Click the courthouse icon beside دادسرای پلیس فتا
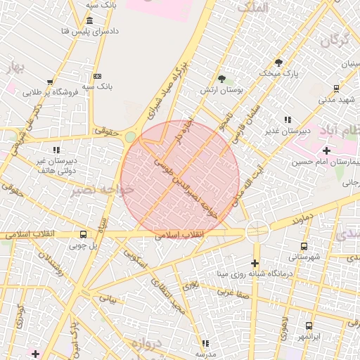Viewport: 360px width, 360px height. tap(90, 20)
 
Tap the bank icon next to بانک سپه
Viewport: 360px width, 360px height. tap(97, 76)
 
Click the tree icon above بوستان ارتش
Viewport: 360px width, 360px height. tap(222, 79)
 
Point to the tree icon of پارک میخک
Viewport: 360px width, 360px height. tap(278, 62)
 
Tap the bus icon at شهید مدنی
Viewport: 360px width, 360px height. tap(336, 89)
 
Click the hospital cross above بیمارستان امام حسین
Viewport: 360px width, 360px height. tap(327, 150)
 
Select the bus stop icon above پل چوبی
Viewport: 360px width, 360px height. tap(84, 235)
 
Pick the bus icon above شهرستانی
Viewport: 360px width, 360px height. tap(304, 246)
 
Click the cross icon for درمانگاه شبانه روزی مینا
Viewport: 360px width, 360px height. tap(255, 263)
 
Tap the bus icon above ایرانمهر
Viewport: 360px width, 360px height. tap(309, 326)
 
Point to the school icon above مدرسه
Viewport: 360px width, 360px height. tap(205, 343)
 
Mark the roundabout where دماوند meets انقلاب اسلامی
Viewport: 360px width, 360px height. tap(257, 231)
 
